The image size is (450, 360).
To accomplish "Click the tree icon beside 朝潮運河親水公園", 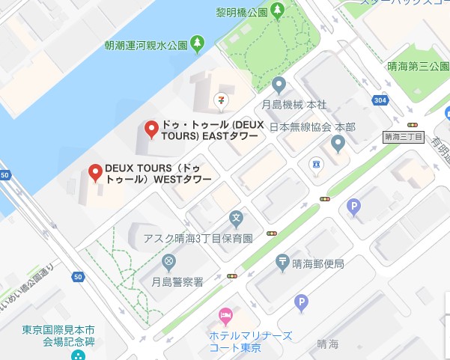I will tap(198, 44).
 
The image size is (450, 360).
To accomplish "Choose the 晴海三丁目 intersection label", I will tap(403, 137).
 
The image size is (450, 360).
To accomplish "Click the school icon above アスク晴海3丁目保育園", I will tap(237, 220).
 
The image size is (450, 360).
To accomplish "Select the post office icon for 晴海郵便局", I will tap(282, 262).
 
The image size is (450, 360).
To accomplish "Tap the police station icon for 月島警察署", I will tap(168, 262).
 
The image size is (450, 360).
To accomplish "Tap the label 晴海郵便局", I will tap(318, 263).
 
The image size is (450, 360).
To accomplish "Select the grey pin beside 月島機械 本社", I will tap(279, 85).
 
